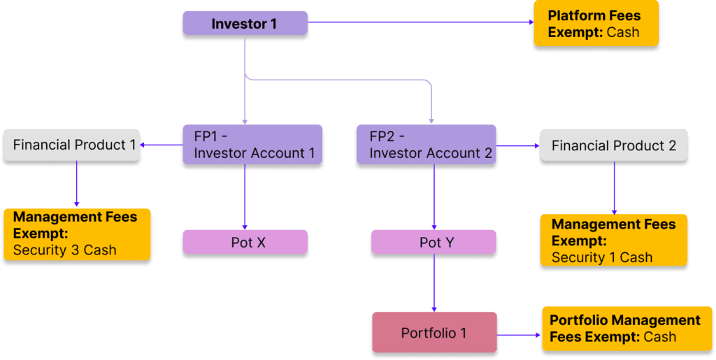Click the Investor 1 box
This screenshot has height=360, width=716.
(245, 24)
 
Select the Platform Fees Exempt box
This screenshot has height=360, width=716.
(596, 24)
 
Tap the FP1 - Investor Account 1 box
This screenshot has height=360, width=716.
(252, 145)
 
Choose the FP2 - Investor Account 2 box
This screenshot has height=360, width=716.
(426, 145)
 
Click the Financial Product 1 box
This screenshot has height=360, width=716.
(75, 145)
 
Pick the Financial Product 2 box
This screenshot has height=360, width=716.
(613, 146)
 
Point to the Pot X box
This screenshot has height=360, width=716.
(245, 243)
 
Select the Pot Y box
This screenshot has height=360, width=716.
(434, 243)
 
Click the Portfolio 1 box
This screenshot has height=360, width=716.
(434, 333)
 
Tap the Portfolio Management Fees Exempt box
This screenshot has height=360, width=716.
(624, 329)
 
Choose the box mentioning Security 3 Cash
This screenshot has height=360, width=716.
(78, 233)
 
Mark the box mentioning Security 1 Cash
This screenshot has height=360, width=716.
(613, 240)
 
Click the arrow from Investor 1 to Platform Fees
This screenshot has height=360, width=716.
(420, 22)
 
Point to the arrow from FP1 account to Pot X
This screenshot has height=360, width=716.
(245, 198)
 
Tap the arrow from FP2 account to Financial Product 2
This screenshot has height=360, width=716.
(517, 146)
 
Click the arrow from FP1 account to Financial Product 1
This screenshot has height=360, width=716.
(162, 145)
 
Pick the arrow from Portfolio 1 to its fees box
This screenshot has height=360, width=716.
(519, 336)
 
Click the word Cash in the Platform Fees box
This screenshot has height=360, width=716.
(622, 32)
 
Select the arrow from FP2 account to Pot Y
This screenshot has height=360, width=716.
(434, 198)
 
